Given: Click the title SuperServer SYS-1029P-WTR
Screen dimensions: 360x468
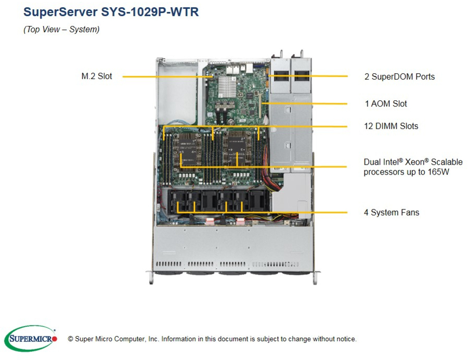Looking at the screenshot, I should pos(111,12).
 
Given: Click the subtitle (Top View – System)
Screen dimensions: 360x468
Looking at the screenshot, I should pos(61,30).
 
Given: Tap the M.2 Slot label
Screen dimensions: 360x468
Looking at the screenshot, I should pos(97,76).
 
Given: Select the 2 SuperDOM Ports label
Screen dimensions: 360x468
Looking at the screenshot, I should pos(399,77).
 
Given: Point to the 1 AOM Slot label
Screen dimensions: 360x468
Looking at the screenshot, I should pos(386,104).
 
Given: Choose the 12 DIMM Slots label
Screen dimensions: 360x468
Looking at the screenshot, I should pos(391,126).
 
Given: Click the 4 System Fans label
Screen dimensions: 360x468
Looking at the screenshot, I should pos(392,212).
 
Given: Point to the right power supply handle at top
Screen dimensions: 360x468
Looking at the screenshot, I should pos(301,54).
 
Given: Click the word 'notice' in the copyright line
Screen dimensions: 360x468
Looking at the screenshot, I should pos(345,339).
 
